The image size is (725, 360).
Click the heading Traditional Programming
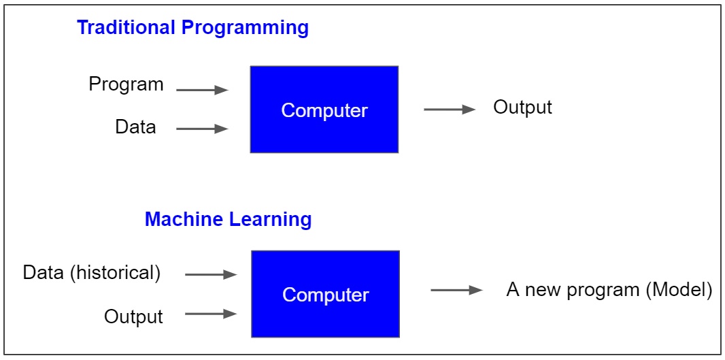192,29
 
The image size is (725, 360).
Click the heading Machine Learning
228,220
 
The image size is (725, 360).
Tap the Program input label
126,85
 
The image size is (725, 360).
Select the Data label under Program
135,127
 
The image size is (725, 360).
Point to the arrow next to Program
203,90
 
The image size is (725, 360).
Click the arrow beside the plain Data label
203,129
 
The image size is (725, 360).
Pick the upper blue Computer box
324,109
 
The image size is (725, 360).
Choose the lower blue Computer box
326,294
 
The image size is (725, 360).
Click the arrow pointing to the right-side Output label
450,109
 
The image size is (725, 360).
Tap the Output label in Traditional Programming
522,108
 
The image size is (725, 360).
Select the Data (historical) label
92,273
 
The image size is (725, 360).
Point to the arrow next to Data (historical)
211,274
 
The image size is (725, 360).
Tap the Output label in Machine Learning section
133,317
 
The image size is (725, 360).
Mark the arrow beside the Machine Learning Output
211,314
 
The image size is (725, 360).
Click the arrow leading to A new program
457,290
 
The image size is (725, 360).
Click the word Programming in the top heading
245,29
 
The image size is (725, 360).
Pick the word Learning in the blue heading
271,220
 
